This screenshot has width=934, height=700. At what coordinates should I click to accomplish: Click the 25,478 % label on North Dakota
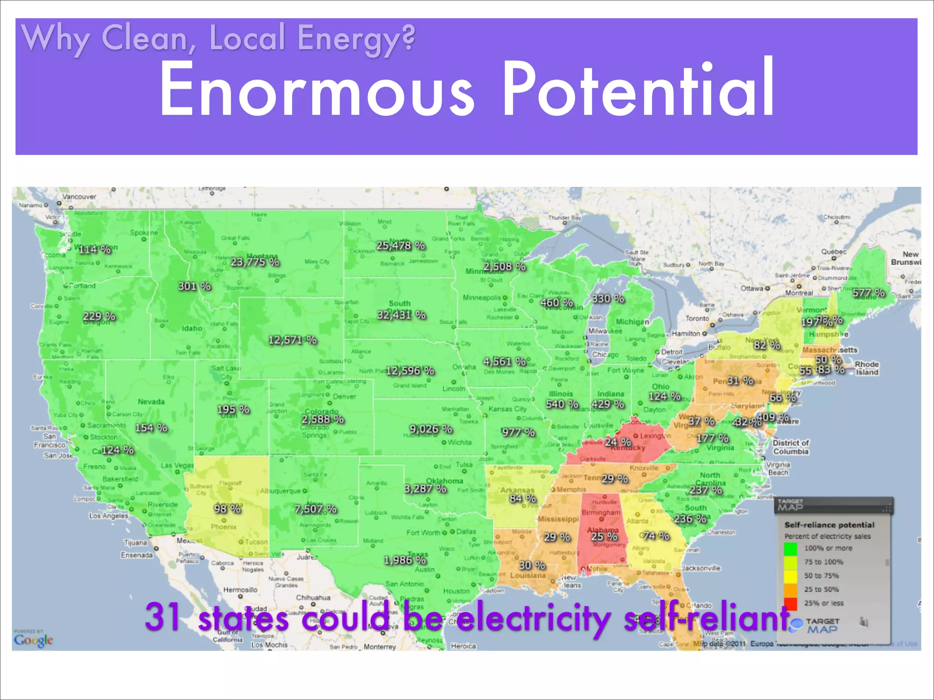400,246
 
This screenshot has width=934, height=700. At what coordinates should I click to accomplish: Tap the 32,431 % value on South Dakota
401,315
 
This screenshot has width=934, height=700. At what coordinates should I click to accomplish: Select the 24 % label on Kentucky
618,442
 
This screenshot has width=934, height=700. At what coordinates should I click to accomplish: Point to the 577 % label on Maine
869,293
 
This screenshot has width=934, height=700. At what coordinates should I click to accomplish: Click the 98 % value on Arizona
227,509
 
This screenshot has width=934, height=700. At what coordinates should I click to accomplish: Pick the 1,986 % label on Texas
405,560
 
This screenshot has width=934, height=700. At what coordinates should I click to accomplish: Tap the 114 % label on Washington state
94,249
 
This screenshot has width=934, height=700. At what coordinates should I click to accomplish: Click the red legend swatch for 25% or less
790,603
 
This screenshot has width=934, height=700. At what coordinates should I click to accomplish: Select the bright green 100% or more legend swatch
790,548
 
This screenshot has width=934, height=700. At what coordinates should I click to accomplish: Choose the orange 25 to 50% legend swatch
790,590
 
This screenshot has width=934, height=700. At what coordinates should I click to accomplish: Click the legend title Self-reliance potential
829,525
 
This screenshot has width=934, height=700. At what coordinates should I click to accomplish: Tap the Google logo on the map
33,640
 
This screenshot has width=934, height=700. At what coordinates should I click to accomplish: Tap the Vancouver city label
79,197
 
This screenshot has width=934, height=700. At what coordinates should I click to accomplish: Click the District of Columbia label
790,447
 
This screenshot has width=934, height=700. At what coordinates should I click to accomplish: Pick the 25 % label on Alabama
604,537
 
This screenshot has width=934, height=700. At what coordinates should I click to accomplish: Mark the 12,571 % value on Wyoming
292,340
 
